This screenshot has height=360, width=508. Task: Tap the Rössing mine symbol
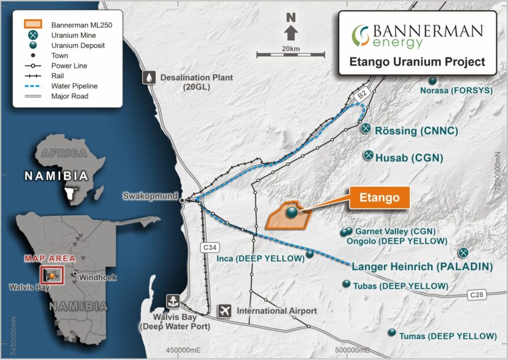(366, 128)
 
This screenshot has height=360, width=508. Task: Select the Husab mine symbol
(367, 155)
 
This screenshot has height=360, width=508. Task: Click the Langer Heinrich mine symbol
(464, 252)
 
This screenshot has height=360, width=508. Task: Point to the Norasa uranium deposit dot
(432, 80)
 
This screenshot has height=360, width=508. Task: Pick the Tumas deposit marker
(392, 333)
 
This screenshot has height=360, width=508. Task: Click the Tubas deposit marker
(346, 284)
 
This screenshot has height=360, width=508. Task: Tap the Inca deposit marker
(310, 254)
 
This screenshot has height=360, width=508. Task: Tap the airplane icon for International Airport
(224, 310)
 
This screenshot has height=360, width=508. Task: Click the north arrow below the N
(291, 32)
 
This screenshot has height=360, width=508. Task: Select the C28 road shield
(477, 294)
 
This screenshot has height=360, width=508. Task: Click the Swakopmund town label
(151, 196)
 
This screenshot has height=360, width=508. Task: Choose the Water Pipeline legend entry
(74, 86)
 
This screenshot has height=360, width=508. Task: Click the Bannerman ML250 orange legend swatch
(33, 25)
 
